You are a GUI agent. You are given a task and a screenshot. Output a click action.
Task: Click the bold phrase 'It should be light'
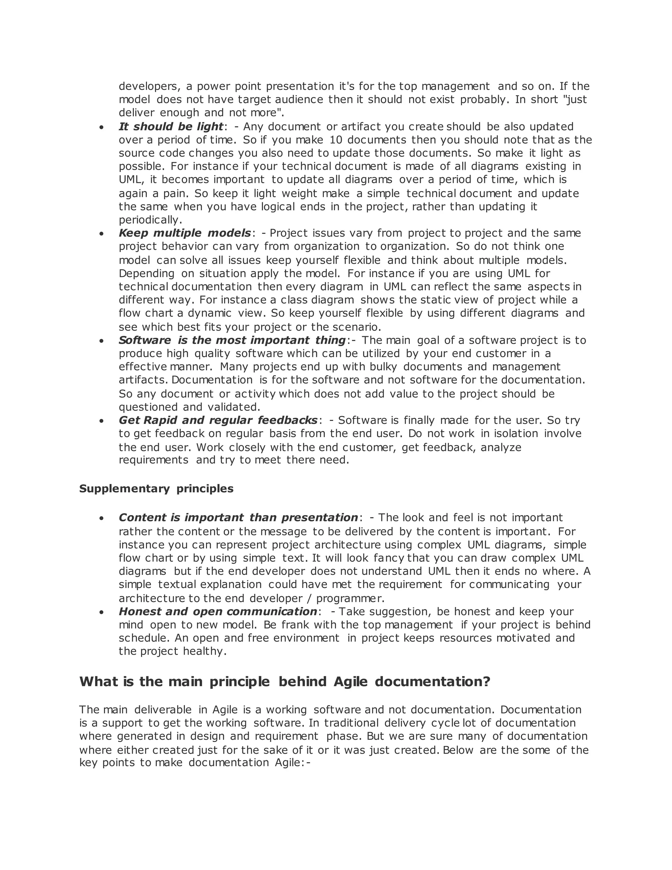(x=171, y=127)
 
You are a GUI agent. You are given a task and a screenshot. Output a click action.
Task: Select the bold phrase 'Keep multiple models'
(x=185, y=233)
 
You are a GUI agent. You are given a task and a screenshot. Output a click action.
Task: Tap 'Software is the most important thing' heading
(x=232, y=340)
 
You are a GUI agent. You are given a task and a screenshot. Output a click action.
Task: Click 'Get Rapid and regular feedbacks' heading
(x=218, y=420)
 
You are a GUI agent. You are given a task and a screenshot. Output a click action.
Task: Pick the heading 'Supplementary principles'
(x=156, y=489)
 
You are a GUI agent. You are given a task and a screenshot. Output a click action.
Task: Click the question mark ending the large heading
(x=487, y=682)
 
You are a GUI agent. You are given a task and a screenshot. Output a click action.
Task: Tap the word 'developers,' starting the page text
(x=150, y=86)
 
